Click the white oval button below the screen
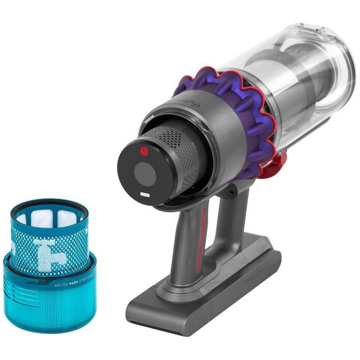click(x=145, y=194)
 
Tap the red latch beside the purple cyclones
click(x=280, y=159)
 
